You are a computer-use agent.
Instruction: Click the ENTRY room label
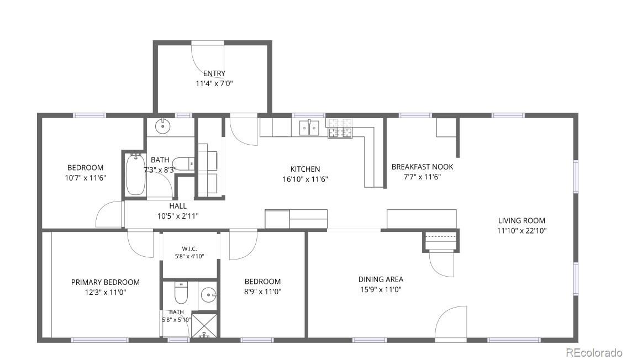(x=214, y=73)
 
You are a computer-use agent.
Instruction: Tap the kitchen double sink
(x=309, y=128)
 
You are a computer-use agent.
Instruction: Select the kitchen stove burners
(x=340, y=128)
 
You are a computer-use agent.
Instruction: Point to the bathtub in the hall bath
(x=135, y=175)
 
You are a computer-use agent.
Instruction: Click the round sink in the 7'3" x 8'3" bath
(x=163, y=126)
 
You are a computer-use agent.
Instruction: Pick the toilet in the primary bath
(x=181, y=293)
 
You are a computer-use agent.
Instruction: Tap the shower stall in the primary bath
(x=204, y=326)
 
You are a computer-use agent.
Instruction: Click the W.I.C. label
(x=189, y=248)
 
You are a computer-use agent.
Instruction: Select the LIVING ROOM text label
(x=521, y=220)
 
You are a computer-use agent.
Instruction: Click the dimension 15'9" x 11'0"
(x=381, y=290)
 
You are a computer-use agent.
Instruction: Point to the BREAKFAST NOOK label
(x=422, y=167)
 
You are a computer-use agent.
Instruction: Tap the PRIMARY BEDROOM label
(x=106, y=283)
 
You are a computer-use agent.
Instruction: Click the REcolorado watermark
(x=594, y=352)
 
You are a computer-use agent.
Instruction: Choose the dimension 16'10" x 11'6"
(x=305, y=179)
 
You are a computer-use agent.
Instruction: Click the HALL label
(x=178, y=206)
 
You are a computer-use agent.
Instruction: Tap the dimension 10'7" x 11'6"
(x=86, y=178)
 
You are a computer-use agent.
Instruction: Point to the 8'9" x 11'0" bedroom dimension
(x=263, y=292)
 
